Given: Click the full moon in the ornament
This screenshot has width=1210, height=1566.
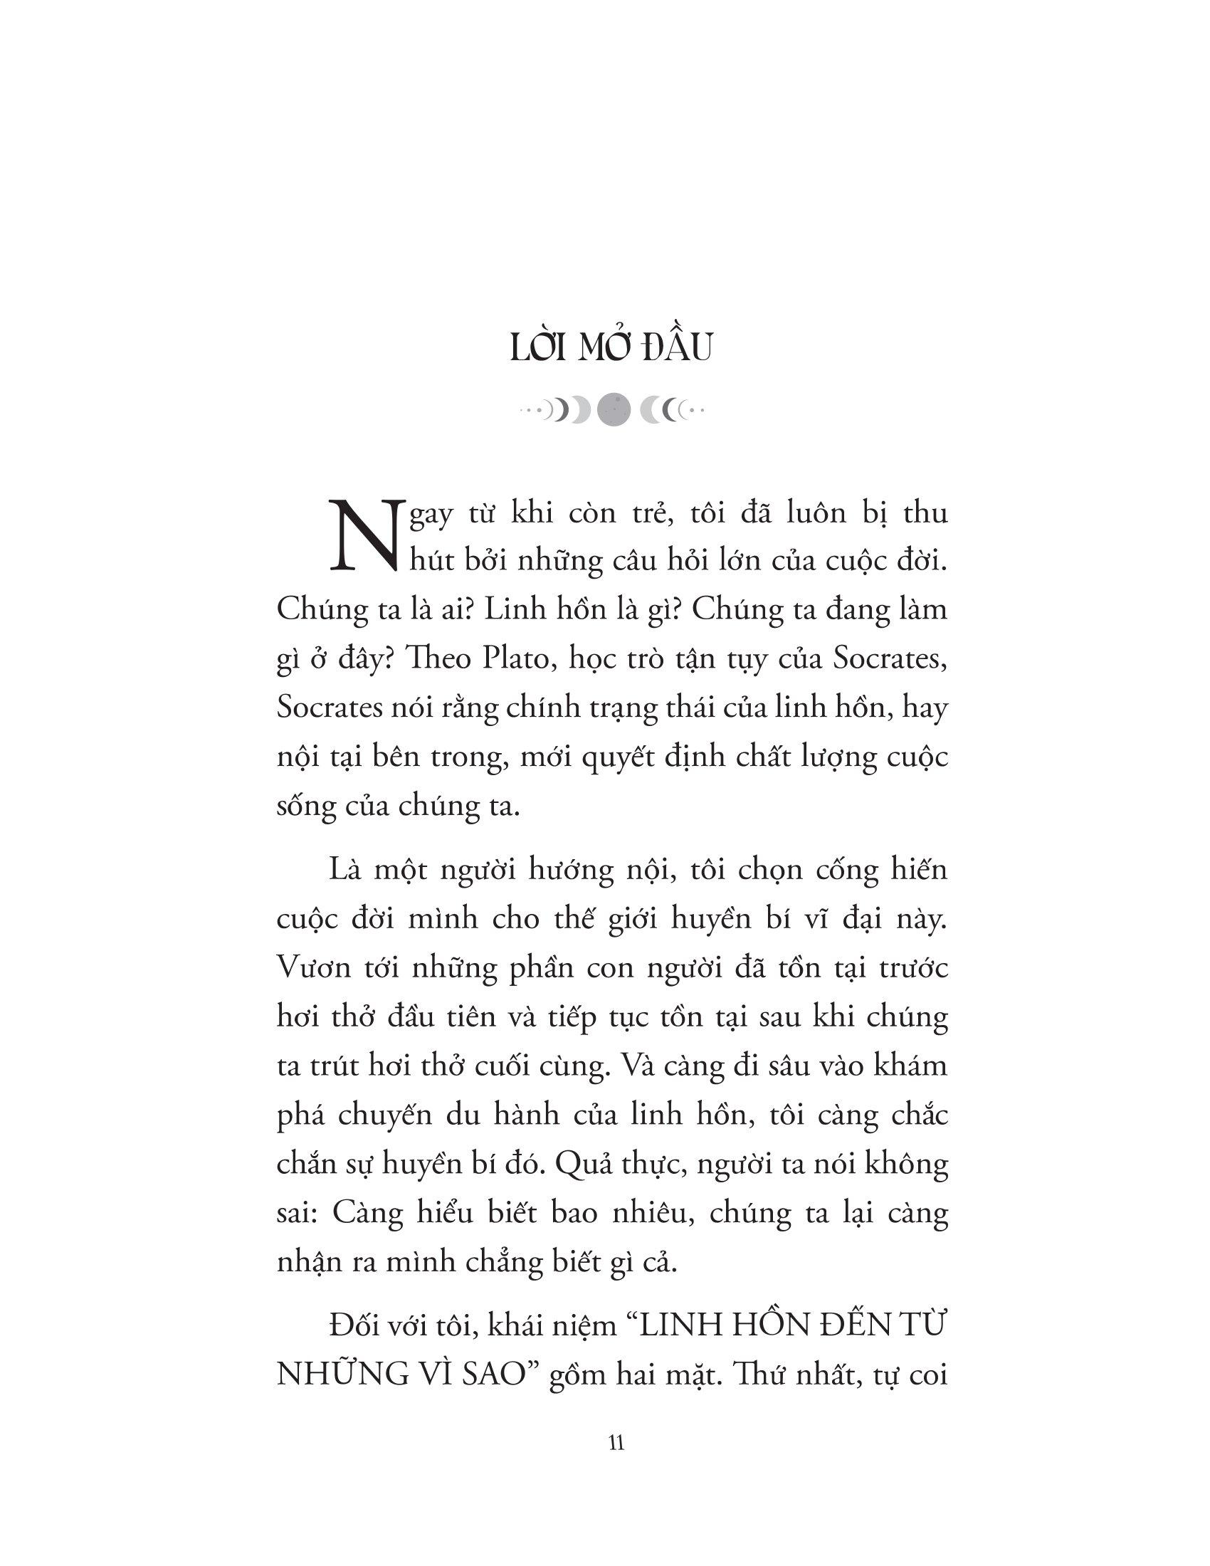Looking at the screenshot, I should coord(614,409).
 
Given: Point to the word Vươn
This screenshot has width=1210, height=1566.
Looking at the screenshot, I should coord(311,969).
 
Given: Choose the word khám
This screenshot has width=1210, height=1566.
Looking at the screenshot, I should coord(913,1066).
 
